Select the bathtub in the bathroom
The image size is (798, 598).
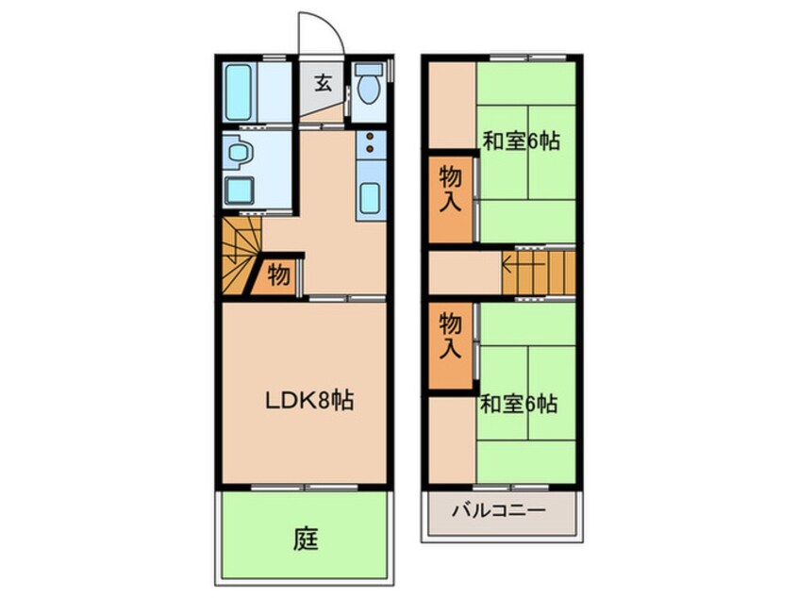click(x=242, y=91)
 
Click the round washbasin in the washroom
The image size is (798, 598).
click(x=240, y=151)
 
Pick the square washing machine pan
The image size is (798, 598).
click(x=241, y=189)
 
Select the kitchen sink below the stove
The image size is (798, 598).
click(x=371, y=199)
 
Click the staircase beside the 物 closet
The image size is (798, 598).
click(x=239, y=257)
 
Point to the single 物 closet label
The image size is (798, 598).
click(x=278, y=275)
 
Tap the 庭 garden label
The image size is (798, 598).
click(x=304, y=540)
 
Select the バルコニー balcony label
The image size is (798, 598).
click(x=497, y=512)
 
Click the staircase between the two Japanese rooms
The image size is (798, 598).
click(x=540, y=273)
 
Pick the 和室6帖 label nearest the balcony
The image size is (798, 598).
click(x=520, y=404)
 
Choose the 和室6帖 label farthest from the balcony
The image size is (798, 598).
click(x=523, y=141)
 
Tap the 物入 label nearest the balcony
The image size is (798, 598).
click(x=452, y=336)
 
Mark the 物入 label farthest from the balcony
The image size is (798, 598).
click(x=452, y=189)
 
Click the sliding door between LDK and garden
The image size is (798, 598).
click(x=304, y=488)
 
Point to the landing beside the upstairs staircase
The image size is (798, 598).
click(x=463, y=273)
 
